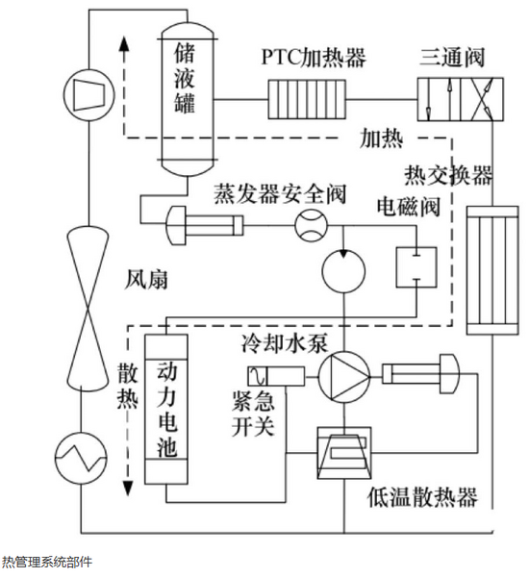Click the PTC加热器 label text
click(x=314, y=58)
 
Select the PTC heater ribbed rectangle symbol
click(x=307, y=99)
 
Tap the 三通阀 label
click(x=452, y=57)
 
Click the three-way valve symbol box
click(x=460, y=99)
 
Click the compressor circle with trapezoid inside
click(x=88, y=95)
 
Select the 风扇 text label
click(x=146, y=280)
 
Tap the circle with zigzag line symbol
click(x=81, y=458)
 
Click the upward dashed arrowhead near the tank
click(x=124, y=45)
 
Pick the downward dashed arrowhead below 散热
click(x=127, y=488)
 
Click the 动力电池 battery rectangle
click(x=166, y=409)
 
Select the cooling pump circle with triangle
click(x=343, y=377)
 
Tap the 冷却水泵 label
click(x=285, y=343)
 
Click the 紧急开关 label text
click(x=253, y=414)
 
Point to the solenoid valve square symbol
click(x=416, y=267)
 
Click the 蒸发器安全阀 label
click(x=280, y=193)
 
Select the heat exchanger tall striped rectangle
click(x=492, y=270)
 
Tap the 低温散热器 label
click(x=422, y=497)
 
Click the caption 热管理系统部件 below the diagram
click(x=47, y=562)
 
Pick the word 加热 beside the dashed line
click(x=382, y=138)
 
